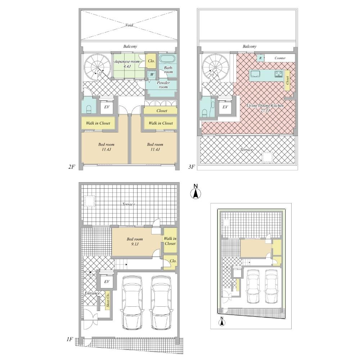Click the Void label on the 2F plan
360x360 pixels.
coord(130,25)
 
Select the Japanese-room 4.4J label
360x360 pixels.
coord(126,64)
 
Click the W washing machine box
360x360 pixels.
coord(152,74)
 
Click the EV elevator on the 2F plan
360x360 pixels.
coord(107,107)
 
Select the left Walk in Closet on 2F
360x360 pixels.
coord(98,123)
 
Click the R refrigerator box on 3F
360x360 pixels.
coord(260,58)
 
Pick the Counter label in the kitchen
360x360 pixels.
coord(280,58)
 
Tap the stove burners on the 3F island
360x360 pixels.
coord(279,74)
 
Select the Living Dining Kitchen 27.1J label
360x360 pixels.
coord(265,108)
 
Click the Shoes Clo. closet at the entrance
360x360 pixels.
coord(108,301)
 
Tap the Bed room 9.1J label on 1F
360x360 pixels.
coord(135,241)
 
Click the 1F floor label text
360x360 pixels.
coord(69,339)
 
